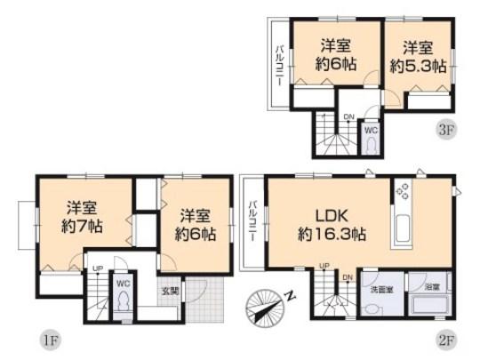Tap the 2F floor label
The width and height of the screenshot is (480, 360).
pyautogui.click(x=446, y=339)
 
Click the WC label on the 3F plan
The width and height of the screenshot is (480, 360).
pyautogui.click(x=372, y=129)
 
